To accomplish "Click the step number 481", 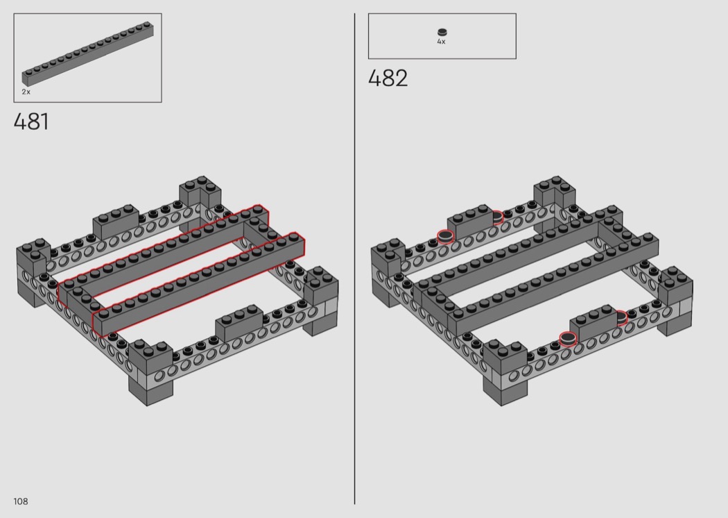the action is [x=31, y=122].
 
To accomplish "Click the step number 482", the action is [x=388, y=78].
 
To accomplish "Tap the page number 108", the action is [x=21, y=501].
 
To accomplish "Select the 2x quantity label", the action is [x=26, y=92].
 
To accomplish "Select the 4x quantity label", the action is [x=441, y=42].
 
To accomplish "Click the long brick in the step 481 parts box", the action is [x=88, y=53].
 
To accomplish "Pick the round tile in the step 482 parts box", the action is [x=442, y=32].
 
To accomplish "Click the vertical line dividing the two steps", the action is [x=355, y=258].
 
